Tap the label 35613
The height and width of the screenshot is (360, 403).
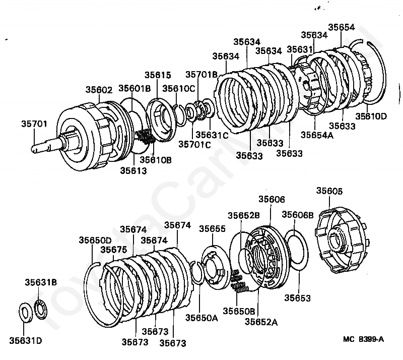(133, 170)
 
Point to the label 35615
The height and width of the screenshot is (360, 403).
(158, 75)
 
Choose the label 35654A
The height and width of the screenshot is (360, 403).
(317, 135)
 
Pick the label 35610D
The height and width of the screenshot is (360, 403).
(371, 116)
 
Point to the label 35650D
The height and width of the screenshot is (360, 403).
(95, 240)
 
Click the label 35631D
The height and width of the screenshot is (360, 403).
(25, 341)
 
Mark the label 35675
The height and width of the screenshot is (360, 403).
(113, 249)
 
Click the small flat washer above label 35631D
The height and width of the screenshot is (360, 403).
(24, 310)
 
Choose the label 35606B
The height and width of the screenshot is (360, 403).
(295, 215)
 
